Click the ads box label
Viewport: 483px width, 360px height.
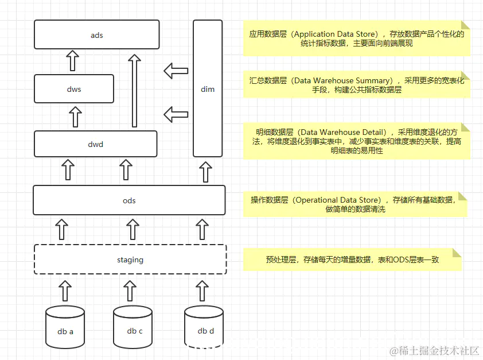click(x=97, y=36)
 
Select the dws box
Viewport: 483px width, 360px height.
click(x=74, y=89)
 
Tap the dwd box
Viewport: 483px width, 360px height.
click(x=96, y=144)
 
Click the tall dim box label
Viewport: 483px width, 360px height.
click(x=208, y=89)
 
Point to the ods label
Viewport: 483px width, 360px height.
click(x=129, y=200)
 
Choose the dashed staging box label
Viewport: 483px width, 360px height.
click(x=130, y=260)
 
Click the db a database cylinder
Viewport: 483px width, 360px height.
click(x=65, y=327)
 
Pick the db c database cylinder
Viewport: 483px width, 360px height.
click(x=133, y=327)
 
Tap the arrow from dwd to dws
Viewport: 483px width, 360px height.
click(x=75, y=117)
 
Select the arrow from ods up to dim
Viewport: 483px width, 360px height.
click(x=205, y=172)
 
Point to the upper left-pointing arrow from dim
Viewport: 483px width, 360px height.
click(x=176, y=71)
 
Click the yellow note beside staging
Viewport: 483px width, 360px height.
click(x=352, y=260)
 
